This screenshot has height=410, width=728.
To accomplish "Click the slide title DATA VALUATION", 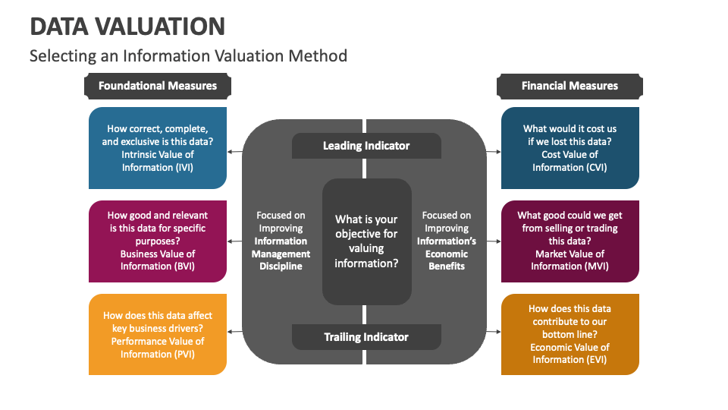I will [x=127, y=26].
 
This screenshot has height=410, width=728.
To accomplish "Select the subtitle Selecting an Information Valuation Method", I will [x=188, y=55].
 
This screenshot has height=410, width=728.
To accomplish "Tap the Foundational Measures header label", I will [x=158, y=86].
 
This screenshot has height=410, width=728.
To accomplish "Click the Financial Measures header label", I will [x=570, y=86].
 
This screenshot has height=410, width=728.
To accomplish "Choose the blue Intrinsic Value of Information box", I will [x=158, y=148].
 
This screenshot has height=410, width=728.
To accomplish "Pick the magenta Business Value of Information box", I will [x=158, y=241].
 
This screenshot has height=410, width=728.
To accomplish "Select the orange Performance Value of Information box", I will [x=158, y=334].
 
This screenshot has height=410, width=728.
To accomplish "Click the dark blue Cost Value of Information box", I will [x=570, y=148].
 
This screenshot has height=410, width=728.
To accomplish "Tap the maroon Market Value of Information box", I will [x=570, y=241].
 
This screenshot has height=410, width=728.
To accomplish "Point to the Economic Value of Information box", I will [x=570, y=334].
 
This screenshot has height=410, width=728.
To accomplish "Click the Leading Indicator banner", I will [x=366, y=146].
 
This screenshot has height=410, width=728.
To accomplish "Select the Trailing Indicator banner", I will [x=366, y=337].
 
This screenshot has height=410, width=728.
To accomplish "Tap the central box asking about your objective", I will [x=366, y=241].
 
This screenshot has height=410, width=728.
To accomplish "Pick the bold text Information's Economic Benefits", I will [x=447, y=254].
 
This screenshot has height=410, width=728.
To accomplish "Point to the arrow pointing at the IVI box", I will [x=234, y=152].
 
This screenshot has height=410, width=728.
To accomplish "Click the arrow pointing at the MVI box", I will [x=494, y=241].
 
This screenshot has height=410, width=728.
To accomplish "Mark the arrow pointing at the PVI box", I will [x=234, y=332].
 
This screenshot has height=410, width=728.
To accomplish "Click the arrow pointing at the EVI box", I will [x=494, y=332].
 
